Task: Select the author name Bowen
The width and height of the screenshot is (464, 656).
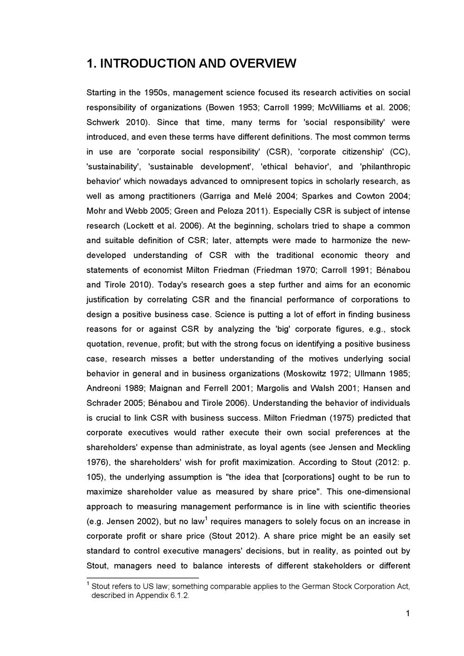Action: pos(222,108)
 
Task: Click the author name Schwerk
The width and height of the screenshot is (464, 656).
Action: pos(103,122)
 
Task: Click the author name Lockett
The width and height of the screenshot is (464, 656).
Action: pos(139,226)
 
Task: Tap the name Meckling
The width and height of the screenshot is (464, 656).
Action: pos(394,447)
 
